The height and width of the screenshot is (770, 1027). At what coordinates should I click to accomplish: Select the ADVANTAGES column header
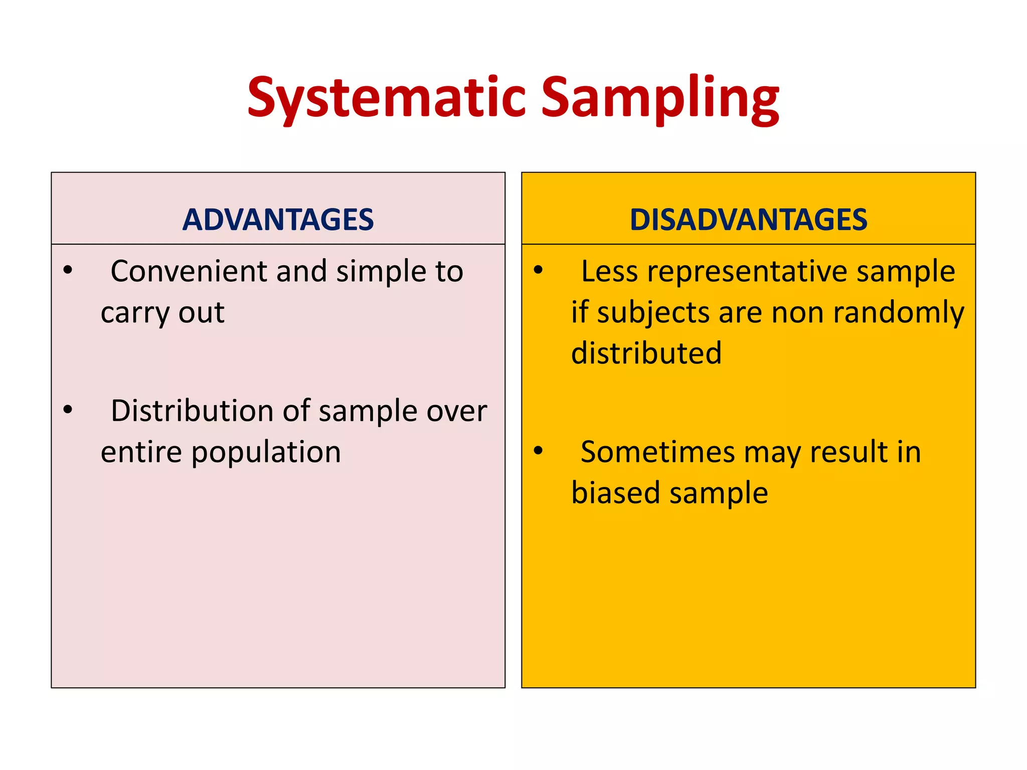pos(278,220)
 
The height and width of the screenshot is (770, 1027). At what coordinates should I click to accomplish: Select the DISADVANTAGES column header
pos(748,220)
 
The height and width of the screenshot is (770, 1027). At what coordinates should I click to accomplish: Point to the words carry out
pos(162,313)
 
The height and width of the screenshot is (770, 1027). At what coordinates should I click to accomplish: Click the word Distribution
pos(193,411)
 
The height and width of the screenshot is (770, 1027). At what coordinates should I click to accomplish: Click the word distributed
pos(646,353)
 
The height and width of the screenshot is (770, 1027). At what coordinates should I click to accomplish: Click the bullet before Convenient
pos(68,271)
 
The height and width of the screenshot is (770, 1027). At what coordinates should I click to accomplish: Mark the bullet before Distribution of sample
pos(68,410)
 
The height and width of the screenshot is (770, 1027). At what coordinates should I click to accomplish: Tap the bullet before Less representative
pos(538,271)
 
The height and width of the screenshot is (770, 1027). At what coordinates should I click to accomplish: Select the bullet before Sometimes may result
pos(538,451)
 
